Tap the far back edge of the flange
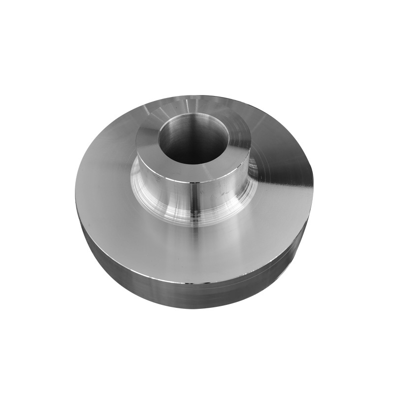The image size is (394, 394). pyautogui.click(x=197, y=96)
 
